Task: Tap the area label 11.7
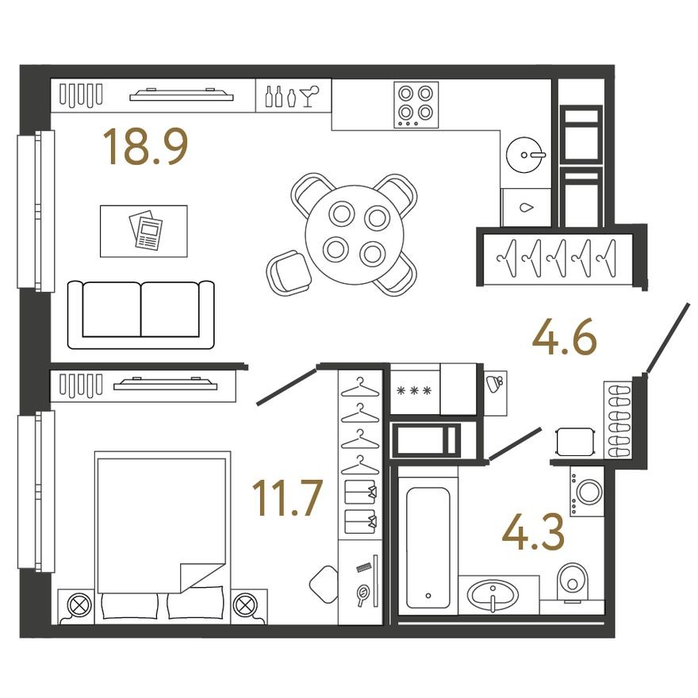[x=286, y=498]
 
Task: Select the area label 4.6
[x=563, y=339]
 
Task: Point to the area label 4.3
[x=534, y=533]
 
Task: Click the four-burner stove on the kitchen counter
[x=416, y=105]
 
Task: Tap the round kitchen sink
[x=524, y=151]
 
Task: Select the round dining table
[x=355, y=234]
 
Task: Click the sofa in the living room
[x=141, y=314]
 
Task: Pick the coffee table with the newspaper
[x=144, y=231]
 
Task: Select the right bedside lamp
[x=249, y=604]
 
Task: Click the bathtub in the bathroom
[x=428, y=544]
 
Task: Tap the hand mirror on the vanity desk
[x=363, y=594]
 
